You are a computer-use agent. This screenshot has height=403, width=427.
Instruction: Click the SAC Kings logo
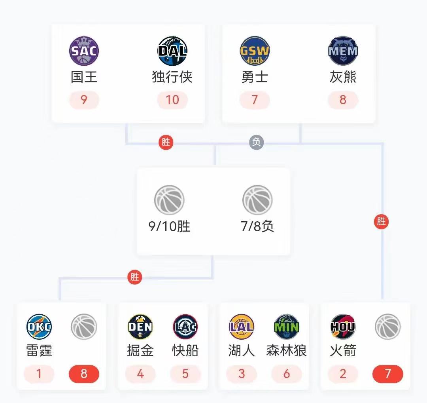[x=84, y=51]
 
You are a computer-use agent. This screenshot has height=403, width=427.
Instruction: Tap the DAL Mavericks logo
[x=172, y=51]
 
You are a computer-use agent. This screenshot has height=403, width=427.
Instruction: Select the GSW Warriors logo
[x=255, y=51]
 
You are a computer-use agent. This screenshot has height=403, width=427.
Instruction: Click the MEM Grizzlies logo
[x=343, y=51]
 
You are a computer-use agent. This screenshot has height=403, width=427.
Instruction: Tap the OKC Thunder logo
[x=39, y=327]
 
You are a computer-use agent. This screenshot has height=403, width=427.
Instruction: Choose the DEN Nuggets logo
[x=140, y=327]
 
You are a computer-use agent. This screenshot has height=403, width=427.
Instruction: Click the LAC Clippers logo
[x=185, y=327]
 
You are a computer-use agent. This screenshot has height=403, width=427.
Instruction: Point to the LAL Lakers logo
[x=242, y=327]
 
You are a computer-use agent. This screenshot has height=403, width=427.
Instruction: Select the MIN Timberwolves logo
[x=287, y=327]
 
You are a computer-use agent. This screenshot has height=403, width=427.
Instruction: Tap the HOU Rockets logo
[x=343, y=327]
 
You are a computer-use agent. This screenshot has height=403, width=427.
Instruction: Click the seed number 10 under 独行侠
[x=172, y=100]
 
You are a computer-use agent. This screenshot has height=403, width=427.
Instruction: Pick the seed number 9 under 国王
[x=84, y=100]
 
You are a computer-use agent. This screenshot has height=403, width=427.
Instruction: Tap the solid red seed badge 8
[x=84, y=374]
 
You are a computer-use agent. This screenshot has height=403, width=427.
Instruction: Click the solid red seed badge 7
[x=387, y=374]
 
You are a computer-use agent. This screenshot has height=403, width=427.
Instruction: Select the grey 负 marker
[x=256, y=142]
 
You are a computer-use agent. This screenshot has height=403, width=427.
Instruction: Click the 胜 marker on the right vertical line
[x=382, y=221]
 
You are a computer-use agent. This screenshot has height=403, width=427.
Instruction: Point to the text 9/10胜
[x=169, y=226]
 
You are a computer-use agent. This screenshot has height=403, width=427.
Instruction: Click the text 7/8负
[x=257, y=226]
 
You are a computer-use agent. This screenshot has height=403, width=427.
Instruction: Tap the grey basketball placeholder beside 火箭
[x=387, y=327]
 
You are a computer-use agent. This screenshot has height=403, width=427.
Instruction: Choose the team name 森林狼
[x=287, y=351]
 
